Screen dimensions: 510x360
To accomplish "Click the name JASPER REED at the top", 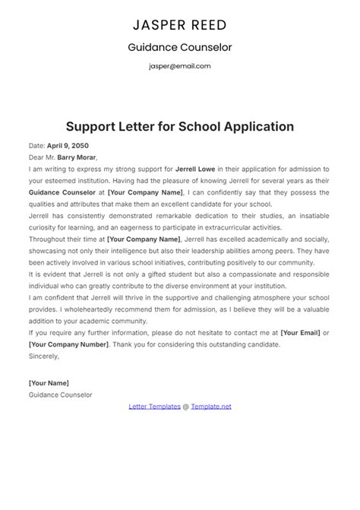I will (x=180, y=25).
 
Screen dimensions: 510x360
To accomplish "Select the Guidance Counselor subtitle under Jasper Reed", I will (x=180, y=47).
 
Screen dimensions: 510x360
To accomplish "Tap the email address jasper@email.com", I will (x=180, y=66).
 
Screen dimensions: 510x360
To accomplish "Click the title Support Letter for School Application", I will (x=180, y=125).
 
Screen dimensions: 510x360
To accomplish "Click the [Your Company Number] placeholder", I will (x=68, y=344).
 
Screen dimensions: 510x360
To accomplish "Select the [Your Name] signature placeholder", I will (x=49, y=383).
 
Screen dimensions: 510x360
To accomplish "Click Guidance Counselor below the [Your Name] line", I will (x=60, y=395).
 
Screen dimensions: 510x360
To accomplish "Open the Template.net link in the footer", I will (x=210, y=407).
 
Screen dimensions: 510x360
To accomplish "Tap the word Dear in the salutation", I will (x=36, y=157).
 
